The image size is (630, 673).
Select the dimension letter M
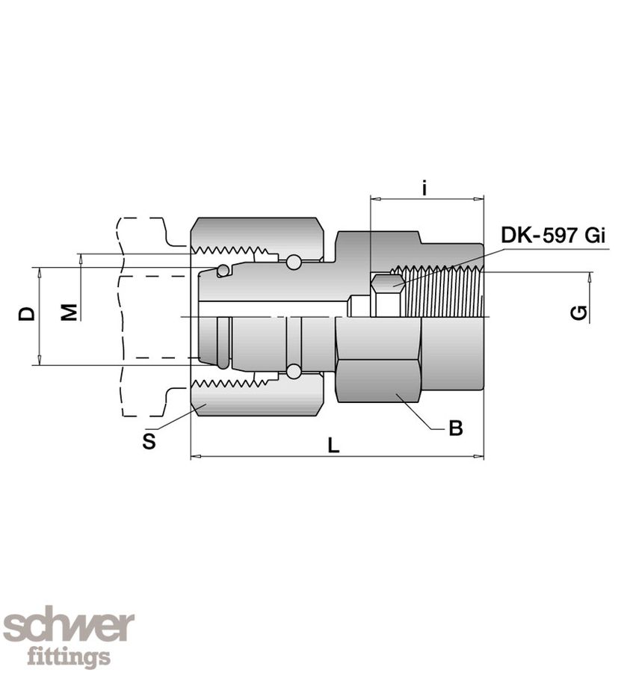(x=69, y=311)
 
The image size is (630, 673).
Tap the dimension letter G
(x=578, y=313)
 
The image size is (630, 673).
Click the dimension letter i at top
(x=424, y=188)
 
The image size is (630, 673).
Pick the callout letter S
(x=149, y=442)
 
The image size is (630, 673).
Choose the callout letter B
(x=456, y=428)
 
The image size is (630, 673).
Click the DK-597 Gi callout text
(x=553, y=236)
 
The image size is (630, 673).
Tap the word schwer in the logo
(x=69, y=626)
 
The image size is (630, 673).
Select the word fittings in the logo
(x=69, y=658)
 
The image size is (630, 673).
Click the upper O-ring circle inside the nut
(x=294, y=262)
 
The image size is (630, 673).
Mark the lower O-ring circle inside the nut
(x=294, y=371)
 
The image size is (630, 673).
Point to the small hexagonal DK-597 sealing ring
(x=387, y=284)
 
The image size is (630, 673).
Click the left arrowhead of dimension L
(x=195, y=456)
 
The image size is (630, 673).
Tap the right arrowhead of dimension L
(x=480, y=456)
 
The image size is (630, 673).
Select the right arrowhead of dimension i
(x=480, y=199)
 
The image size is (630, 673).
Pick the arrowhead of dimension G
(x=590, y=277)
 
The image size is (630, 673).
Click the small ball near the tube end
(x=223, y=270)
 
